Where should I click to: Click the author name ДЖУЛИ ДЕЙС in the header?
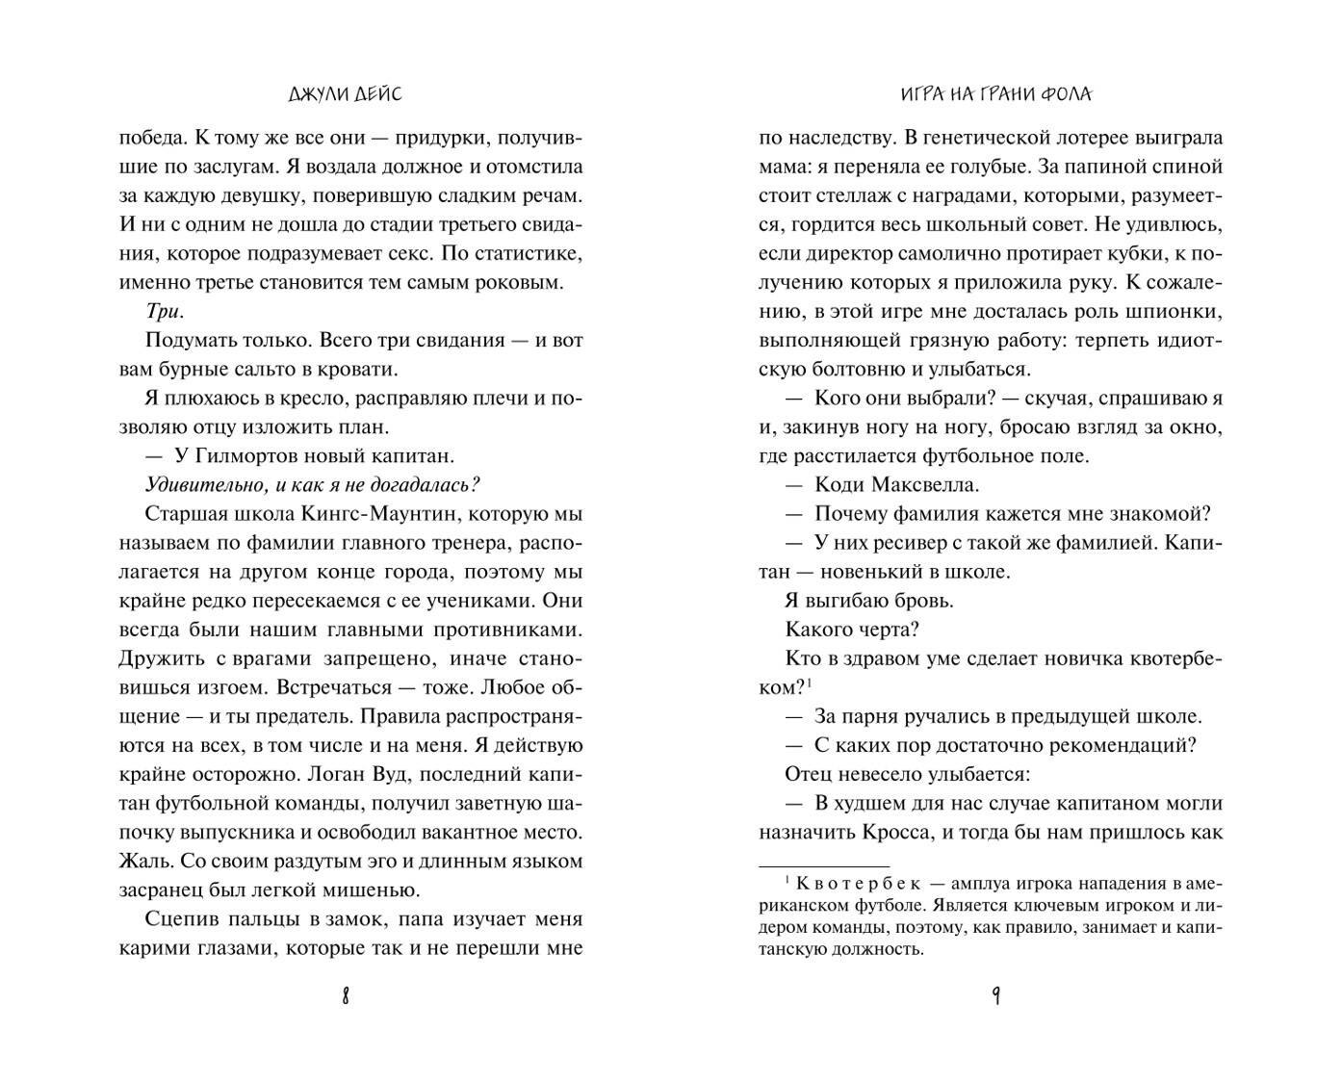(345, 94)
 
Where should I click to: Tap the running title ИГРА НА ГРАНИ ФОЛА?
(995, 94)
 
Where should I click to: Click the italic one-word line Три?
(164, 312)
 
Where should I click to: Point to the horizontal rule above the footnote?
(825, 865)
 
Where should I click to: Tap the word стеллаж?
(847, 196)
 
